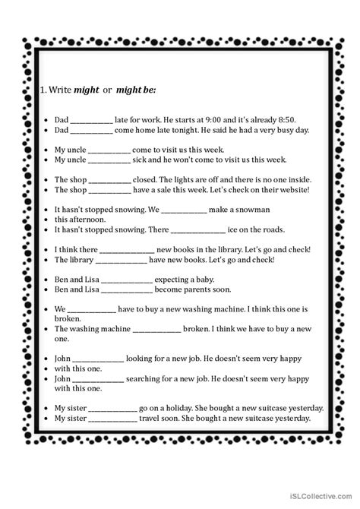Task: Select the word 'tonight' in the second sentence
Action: tap(200, 131)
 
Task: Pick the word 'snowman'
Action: tap(246, 209)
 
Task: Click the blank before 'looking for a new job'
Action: tap(99, 358)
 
